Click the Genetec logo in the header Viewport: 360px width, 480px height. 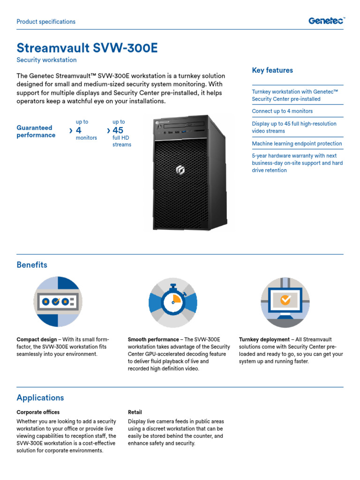[x=326, y=21]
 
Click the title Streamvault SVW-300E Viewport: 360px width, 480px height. [x=87, y=48]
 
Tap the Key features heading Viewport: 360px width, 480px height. [x=272, y=70]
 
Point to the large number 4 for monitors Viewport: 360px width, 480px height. [x=78, y=130]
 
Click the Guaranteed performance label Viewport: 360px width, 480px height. [x=36, y=131]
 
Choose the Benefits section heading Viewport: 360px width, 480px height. [x=32, y=265]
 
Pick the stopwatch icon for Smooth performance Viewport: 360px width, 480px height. [x=173, y=301]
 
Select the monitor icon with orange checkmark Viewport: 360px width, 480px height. [x=285, y=301]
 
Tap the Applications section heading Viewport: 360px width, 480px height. [x=40, y=398]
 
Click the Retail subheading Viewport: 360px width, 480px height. [x=135, y=412]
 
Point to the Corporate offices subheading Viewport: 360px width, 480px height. [x=38, y=412]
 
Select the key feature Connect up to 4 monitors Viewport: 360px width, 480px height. [x=282, y=111]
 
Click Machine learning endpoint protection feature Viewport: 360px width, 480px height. [x=297, y=144]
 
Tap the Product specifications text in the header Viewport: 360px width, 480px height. [x=46, y=22]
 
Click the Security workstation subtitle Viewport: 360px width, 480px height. [x=46, y=60]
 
